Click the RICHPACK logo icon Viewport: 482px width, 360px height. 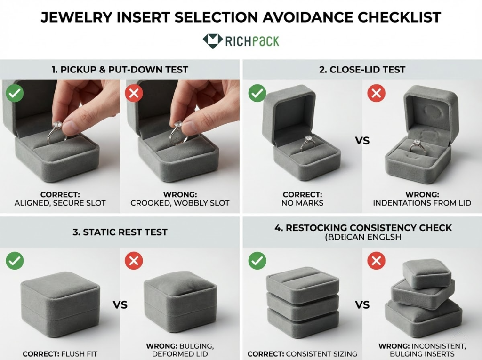[x=212, y=41]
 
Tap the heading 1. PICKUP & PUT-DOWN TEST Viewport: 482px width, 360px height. [x=120, y=70]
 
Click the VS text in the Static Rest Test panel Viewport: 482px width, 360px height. [x=120, y=304]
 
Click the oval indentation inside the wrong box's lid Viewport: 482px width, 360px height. [x=432, y=112]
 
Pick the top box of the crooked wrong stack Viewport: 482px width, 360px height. [x=427, y=273]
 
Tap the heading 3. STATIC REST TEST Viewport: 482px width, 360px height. [x=120, y=232]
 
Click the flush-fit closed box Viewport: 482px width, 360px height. [x=60, y=302]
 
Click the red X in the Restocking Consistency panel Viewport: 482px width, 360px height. [x=376, y=260]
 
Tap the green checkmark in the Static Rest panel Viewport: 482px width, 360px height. [x=15, y=260]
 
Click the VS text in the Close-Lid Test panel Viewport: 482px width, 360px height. [x=362, y=141]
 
